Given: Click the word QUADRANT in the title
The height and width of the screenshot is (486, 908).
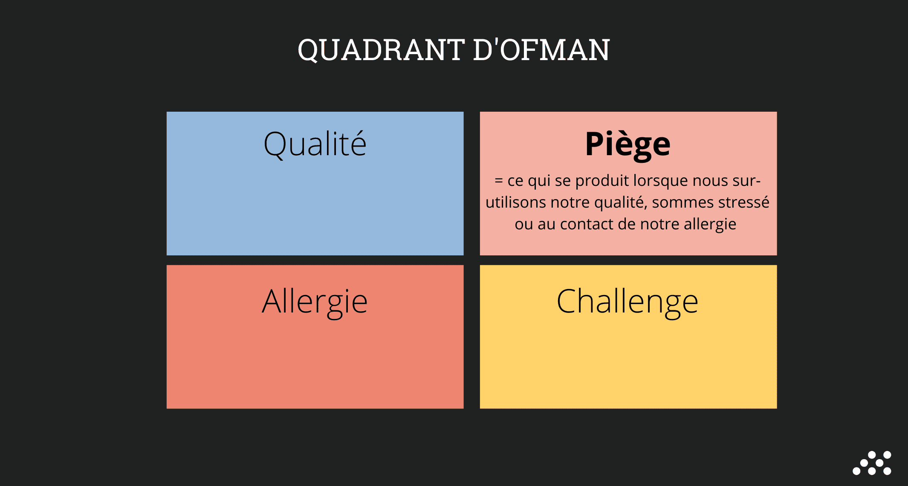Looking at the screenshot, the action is point(381,50).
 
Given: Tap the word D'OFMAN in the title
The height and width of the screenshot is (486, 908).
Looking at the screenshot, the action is point(542,49).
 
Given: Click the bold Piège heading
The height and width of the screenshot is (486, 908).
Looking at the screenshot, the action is point(628,145).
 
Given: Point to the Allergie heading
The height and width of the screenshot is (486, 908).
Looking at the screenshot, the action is point(315,302).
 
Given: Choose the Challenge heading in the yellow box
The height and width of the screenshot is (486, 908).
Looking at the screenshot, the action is point(628,302).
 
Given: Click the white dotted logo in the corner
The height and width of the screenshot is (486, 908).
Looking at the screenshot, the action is point(872,463).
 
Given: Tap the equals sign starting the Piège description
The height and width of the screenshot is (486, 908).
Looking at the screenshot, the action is point(499,181).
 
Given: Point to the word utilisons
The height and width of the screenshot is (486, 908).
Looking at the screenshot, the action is point(516,202).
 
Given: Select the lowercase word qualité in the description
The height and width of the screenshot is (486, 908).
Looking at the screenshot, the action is point(621,202).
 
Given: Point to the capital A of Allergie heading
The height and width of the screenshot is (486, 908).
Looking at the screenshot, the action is point(272,301).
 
